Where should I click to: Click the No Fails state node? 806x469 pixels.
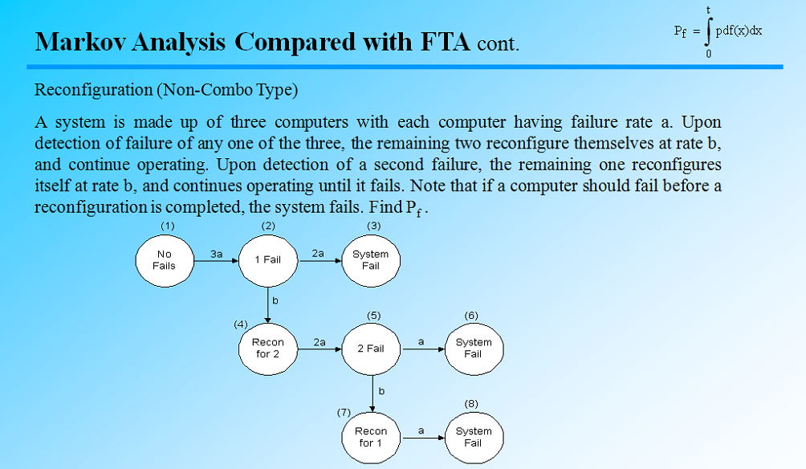coord(164,260)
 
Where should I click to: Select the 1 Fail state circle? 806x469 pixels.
coord(267,260)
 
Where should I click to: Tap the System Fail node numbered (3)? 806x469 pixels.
coord(370,260)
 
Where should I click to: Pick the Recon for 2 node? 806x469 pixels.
coord(267,349)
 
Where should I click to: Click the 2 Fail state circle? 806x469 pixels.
coord(370,349)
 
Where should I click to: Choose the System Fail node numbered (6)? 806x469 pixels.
coord(473,349)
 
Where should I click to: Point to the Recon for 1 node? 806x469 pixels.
coord(370,437)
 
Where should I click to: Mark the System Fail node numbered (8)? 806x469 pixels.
coord(473,437)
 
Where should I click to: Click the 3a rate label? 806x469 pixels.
coord(216,253)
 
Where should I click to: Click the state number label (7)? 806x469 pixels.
coord(343,412)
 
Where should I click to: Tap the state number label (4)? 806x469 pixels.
coord(240,324)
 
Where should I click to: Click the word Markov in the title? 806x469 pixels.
coord(79,41)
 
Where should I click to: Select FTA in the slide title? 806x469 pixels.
coord(444,41)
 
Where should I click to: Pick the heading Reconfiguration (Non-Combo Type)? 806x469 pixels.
coord(166,90)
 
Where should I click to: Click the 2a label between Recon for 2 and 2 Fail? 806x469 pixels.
coord(319,341)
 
